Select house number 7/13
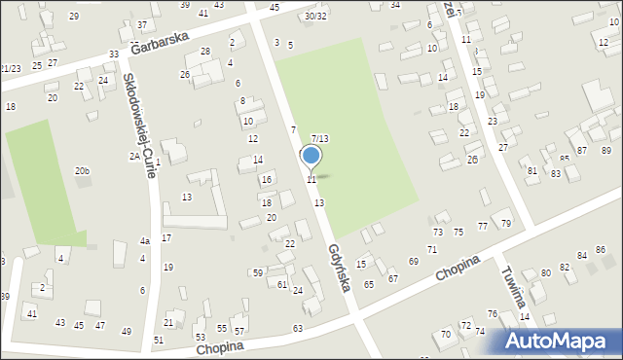point(319,139)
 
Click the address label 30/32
point(315,16)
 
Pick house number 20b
point(82,171)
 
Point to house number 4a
point(144,241)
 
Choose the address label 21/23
point(11,68)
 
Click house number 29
point(74,17)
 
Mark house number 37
point(142,24)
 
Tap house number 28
point(205,51)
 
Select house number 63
point(297,329)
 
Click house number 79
point(506,224)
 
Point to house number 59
point(257,272)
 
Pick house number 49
point(126,332)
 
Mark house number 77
point(483,226)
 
